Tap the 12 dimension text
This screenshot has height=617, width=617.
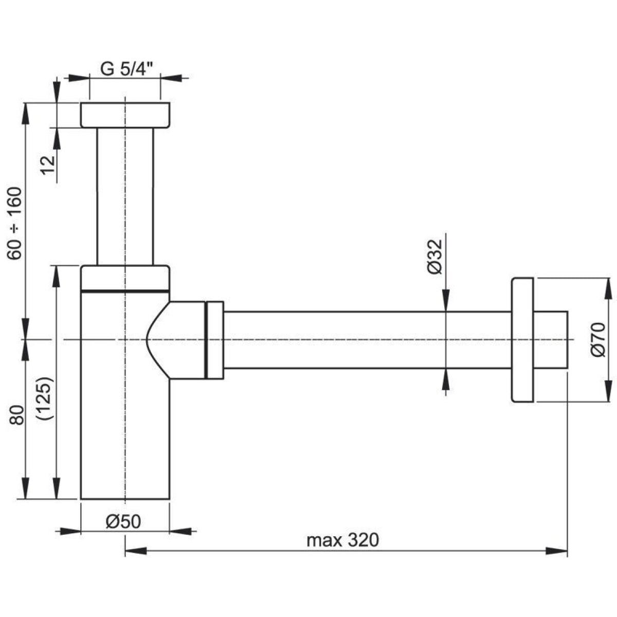click(x=47, y=165)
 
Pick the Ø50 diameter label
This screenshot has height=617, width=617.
click(x=123, y=521)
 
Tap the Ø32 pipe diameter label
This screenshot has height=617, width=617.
click(x=435, y=257)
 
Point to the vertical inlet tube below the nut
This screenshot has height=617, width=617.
click(x=125, y=195)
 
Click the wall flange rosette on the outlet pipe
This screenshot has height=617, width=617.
click(x=522, y=340)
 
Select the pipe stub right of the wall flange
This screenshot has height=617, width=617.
click(x=551, y=340)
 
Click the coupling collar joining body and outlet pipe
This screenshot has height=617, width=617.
click(x=214, y=340)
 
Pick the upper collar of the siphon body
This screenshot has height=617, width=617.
click(x=125, y=278)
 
